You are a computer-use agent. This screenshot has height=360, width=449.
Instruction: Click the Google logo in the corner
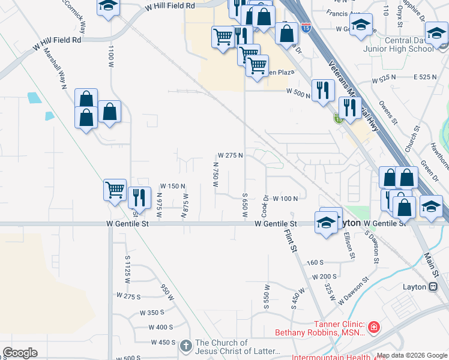19,353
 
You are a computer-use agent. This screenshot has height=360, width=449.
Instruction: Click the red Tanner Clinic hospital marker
373,327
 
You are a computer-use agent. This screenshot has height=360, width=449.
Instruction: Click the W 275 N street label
230,155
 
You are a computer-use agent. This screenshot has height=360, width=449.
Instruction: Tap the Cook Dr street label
265,206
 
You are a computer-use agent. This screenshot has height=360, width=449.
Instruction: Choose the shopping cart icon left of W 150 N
114,190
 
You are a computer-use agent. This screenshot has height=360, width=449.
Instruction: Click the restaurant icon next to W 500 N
323,90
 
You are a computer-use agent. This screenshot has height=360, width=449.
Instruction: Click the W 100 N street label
285,198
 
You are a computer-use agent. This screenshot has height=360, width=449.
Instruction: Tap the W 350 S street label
152,313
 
